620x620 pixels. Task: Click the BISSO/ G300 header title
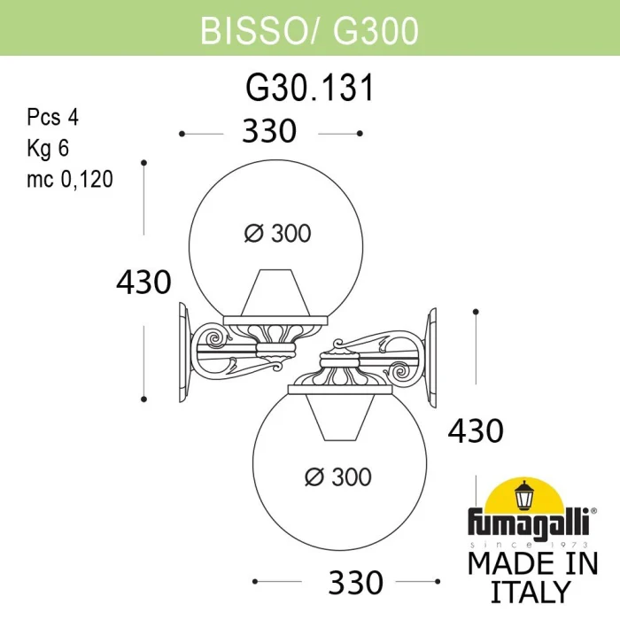(310, 29)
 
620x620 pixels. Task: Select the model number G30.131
(309, 89)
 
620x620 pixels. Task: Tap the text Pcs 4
(53, 119)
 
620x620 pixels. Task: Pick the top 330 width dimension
(269, 132)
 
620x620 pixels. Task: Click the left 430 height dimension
(143, 283)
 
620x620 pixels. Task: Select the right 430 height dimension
(476, 430)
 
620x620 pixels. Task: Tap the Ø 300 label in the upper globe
(277, 233)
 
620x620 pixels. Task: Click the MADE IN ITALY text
(531, 577)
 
